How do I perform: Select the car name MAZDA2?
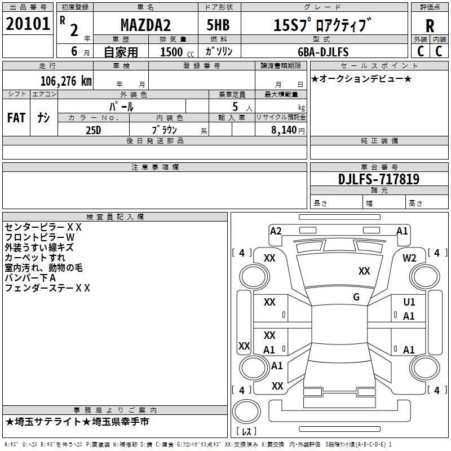[145, 25]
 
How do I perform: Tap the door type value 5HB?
[217, 25]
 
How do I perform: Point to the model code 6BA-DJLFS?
[324, 52]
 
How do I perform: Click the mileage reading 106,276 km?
[66, 81]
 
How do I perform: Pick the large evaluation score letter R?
[430, 26]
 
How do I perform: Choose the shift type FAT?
[16, 118]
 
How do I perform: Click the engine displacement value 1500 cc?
[175, 52]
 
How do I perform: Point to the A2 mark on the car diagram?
[276, 231]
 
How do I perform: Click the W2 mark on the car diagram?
[409, 258]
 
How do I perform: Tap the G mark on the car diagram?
[356, 297]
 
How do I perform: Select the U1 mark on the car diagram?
[409, 302]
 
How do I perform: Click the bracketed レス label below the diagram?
[246, 432]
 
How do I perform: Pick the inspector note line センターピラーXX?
[43, 227]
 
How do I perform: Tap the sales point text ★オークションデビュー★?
[361, 78]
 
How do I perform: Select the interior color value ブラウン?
[162, 130]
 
